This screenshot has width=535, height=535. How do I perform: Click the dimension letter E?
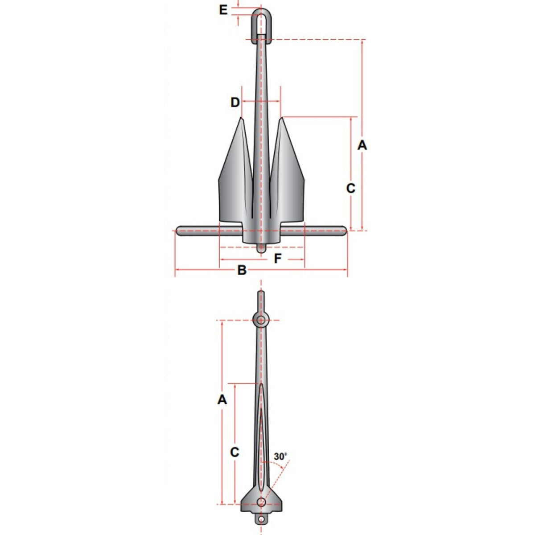(223, 10)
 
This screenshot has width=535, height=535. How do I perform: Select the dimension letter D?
(235, 103)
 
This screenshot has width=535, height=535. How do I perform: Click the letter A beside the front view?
(362, 145)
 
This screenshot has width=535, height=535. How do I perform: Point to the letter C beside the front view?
(351, 189)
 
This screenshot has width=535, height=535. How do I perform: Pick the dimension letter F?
(278, 259)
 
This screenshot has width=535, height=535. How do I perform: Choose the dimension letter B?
(241, 270)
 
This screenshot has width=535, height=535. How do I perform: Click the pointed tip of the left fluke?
(241, 119)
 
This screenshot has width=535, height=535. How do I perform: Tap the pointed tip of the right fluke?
(281, 119)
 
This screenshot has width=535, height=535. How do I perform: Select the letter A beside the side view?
(222, 400)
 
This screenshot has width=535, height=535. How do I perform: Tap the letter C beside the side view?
(235, 452)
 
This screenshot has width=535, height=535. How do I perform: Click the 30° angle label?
(280, 457)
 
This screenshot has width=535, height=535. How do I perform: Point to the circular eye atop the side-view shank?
(261, 319)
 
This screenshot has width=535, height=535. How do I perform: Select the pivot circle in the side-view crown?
(261, 502)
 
